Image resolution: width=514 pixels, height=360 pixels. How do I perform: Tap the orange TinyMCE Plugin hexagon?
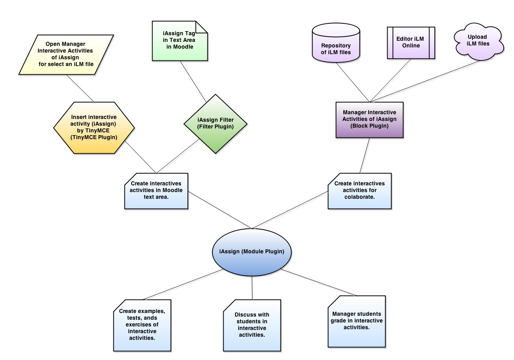tap(94, 127)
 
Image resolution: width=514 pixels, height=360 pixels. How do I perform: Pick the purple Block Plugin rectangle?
tap(369, 120)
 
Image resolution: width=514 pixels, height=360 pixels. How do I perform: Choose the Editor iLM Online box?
tap(410, 43)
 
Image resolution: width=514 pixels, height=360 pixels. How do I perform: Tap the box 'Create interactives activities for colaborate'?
tap(360, 190)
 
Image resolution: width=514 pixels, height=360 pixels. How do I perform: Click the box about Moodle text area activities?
tap(156, 190)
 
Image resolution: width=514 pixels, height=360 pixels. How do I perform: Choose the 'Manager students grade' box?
tap(356, 321)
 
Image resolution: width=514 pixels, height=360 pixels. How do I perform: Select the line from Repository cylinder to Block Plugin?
tap(353, 82)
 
